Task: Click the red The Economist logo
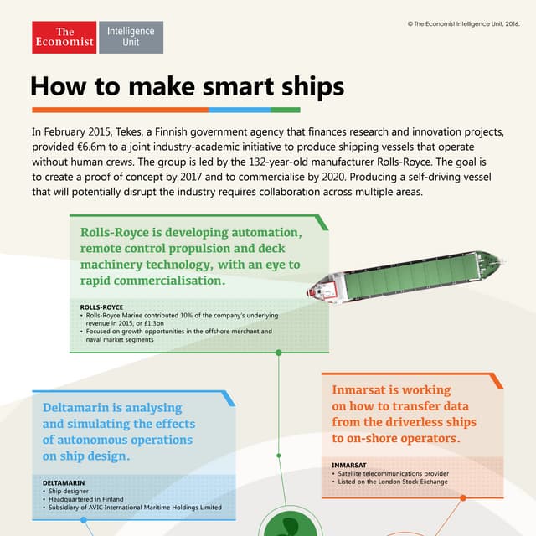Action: (x=64, y=38)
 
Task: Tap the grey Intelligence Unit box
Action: (x=131, y=38)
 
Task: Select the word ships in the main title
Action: (x=305, y=86)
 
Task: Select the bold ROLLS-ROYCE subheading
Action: (x=101, y=307)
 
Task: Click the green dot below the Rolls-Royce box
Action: (x=278, y=353)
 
